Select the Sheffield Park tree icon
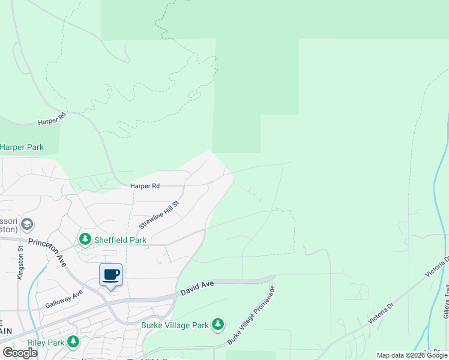[85, 239]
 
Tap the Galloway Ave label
[64, 301]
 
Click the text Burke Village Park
[175, 325]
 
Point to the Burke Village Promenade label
[252, 315]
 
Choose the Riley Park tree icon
[73, 342]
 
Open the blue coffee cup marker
[110, 275]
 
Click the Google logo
[20, 353]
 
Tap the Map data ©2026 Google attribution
[411, 355]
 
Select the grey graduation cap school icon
[26, 224]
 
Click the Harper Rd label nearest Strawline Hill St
[145, 187]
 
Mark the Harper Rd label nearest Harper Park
[51, 121]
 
